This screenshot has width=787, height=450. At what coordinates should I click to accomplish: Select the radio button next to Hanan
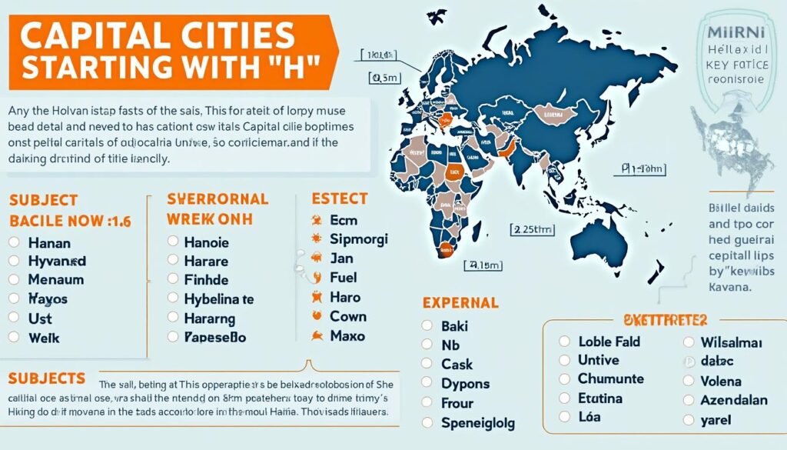(x=13, y=242)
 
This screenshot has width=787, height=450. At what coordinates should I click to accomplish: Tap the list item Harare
(x=206, y=261)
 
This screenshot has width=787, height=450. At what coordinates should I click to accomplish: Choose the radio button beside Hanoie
(x=172, y=242)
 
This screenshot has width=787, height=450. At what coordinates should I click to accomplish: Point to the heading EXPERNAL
(x=460, y=303)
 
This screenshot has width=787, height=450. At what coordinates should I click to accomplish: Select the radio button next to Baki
(x=427, y=326)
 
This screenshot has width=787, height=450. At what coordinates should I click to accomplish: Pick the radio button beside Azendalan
(x=688, y=401)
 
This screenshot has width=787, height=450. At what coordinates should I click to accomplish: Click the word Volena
(x=721, y=381)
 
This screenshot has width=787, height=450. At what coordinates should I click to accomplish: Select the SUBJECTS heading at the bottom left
(x=47, y=378)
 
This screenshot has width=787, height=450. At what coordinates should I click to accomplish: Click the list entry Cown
(x=348, y=316)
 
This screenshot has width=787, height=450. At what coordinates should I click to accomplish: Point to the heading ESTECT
(x=340, y=198)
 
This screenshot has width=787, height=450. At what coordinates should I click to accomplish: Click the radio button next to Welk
(x=13, y=336)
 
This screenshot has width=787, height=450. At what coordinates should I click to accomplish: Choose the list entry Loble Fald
(x=609, y=341)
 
